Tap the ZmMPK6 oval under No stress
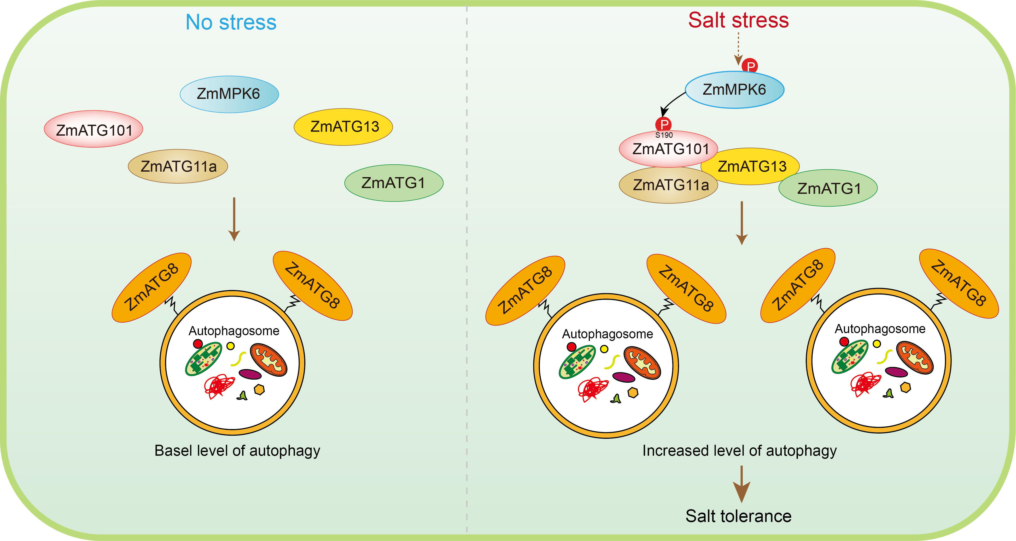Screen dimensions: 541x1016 pyautogui.click(x=229, y=94)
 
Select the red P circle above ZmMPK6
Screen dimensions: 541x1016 pyautogui.click(x=750, y=65)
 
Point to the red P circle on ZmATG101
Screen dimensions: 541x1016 pyautogui.click(x=663, y=124)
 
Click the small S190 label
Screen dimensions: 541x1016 pyautogui.click(x=664, y=135)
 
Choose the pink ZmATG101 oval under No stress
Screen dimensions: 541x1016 pyautogui.click(x=94, y=129)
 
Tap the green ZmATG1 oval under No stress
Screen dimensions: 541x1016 pyautogui.click(x=394, y=183)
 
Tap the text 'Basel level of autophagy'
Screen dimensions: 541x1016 pyautogui.click(x=237, y=450)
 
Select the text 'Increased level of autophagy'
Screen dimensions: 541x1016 pyautogui.click(x=739, y=450)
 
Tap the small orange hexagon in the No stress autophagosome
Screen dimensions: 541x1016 pyautogui.click(x=259, y=389)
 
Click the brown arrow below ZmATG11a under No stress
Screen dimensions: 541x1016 pyautogui.click(x=234, y=219)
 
